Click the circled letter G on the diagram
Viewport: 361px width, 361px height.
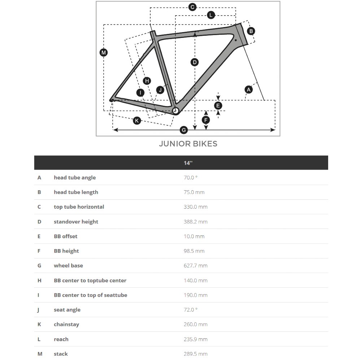click(x=184, y=130)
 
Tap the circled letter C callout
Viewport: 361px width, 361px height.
click(x=192, y=7)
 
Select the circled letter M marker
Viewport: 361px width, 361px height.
click(x=104, y=53)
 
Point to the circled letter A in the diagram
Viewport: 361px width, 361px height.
click(x=248, y=89)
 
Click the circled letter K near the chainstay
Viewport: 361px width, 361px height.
click(x=137, y=121)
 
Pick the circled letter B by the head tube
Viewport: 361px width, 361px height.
click(x=251, y=31)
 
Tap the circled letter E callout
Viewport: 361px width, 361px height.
click(x=218, y=105)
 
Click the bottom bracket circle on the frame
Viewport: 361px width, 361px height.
click(x=176, y=111)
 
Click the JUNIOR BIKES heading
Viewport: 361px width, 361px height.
click(x=188, y=144)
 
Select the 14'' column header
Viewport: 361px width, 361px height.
click(x=188, y=163)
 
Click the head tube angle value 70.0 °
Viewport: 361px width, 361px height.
click(x=191, y=178)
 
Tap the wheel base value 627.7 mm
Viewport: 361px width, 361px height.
click(x=195, y=266)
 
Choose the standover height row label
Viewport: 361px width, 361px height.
click(x=76, y=222)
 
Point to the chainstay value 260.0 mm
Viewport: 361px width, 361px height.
click(x=195, y=324)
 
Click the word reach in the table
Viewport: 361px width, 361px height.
click(x=61, y=339)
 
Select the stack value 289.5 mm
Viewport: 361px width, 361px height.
click(x=195, y=354)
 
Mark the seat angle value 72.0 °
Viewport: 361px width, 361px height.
click(x=191, y=310)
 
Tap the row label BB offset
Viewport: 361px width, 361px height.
click(x=65, y=236)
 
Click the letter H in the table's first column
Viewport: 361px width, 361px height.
click(x=39, y=280)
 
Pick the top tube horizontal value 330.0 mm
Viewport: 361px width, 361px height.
click(x=195, y=207)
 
